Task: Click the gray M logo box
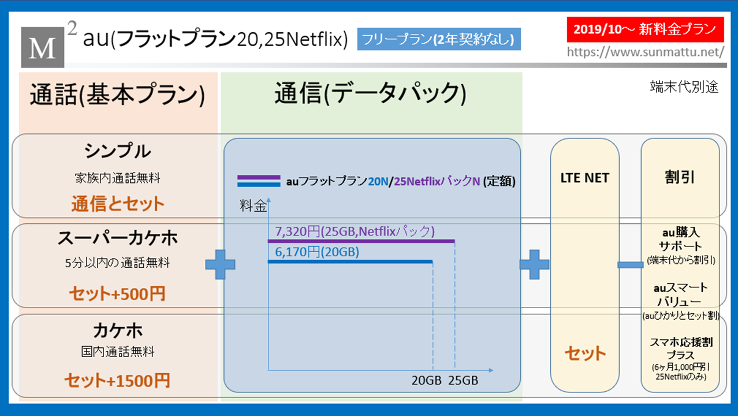click(43, 47)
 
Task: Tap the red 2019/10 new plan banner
click(645, 29)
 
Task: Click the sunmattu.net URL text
click(645, 52)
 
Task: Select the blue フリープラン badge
click(439, 39)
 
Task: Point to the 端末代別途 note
click(684, 87)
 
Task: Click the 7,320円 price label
click(355, 231)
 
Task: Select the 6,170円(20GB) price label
click(317, 252)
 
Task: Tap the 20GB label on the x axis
click(426, 380)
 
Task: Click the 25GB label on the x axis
click(463, 380)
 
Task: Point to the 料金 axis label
click(253, 206)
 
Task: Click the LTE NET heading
click(585, 178)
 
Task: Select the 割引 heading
click(680, 177)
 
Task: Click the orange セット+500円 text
click(117, 294)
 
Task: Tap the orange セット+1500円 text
click(117, 380)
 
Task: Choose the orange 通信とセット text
click(118, 204)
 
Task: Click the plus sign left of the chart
click(220, 264)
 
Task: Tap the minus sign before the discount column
click(630, 264)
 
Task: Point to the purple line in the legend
click(259, 178)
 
